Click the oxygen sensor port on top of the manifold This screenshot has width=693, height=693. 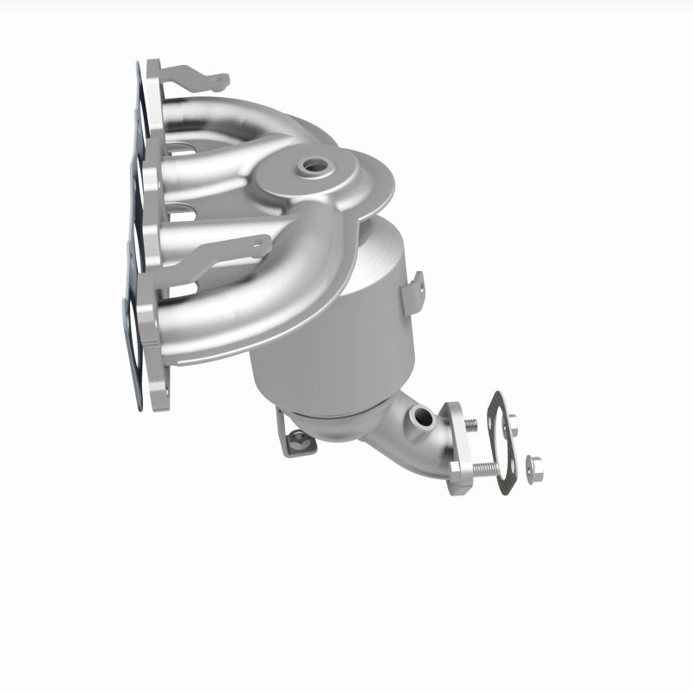(308, 164)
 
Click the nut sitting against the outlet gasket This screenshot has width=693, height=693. (512, 426)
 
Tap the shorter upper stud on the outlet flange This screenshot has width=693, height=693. (469, 424)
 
